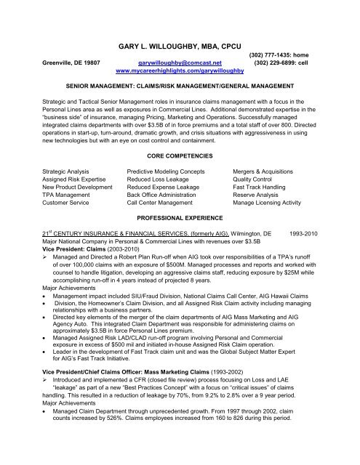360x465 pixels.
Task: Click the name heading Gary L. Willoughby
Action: coord(180,44)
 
